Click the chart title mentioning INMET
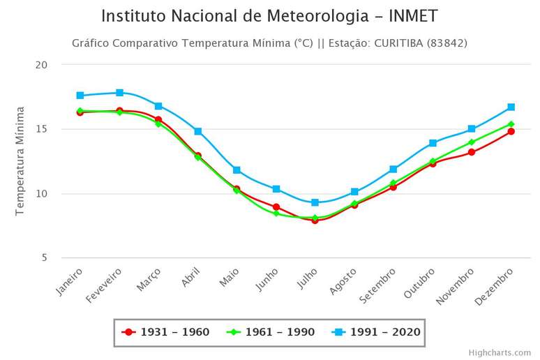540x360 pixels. [269, 16]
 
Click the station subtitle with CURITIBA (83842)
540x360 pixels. [269, 43]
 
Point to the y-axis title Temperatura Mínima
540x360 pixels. [20, 161]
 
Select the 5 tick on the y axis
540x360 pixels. [45, 257]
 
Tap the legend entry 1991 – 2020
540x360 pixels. [377, 332]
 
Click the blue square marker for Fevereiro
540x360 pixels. [120, 93]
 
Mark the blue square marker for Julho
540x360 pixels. [315, 202]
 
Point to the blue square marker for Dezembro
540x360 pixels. [511, 107]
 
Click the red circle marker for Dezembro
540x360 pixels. [511, 131]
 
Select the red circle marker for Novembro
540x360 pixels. [472, 152]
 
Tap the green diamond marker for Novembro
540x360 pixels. [472, 142]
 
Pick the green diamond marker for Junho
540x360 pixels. [276, 213]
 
